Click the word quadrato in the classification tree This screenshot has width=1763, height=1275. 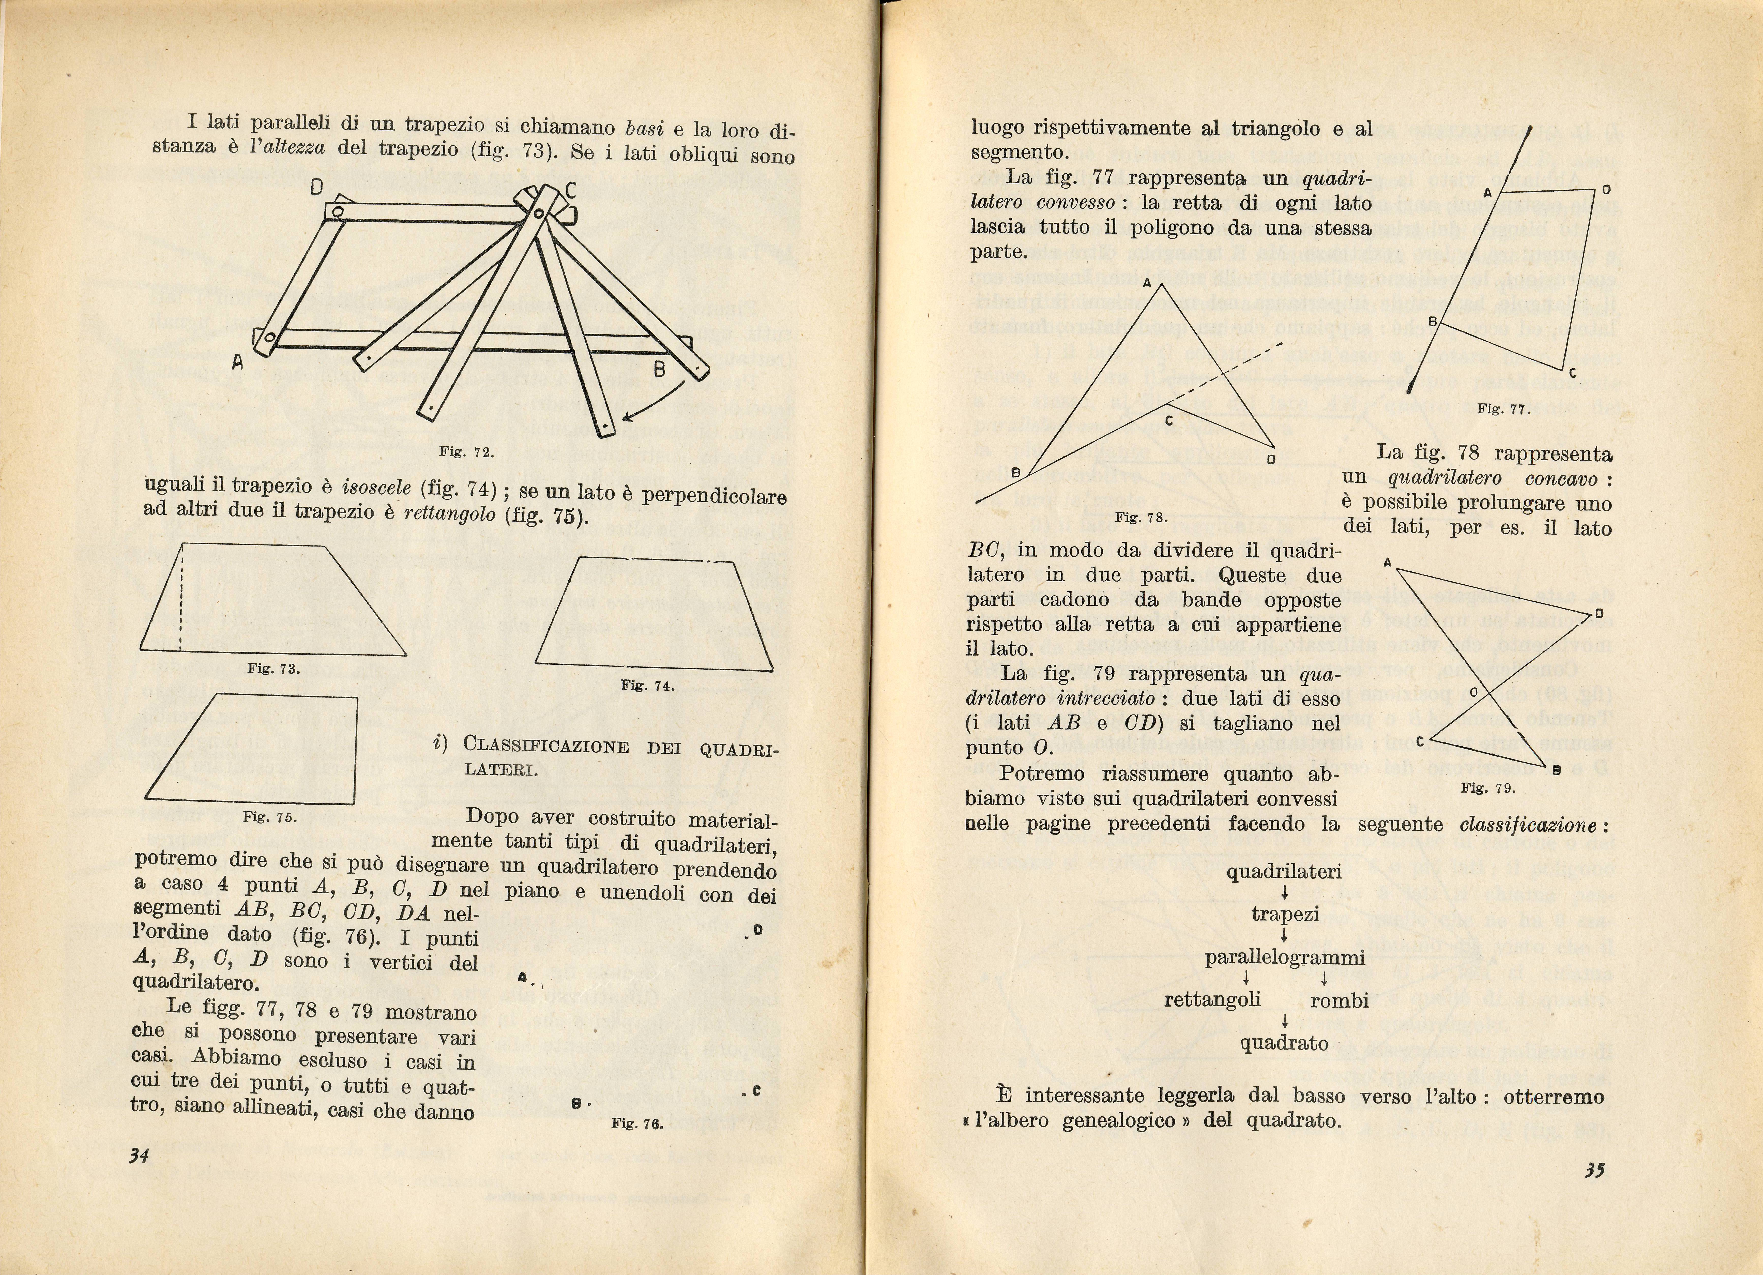pyautogui.click(x=1284, y=1042)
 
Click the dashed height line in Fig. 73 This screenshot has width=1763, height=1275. pyautogui.click(x=180, y=599)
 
